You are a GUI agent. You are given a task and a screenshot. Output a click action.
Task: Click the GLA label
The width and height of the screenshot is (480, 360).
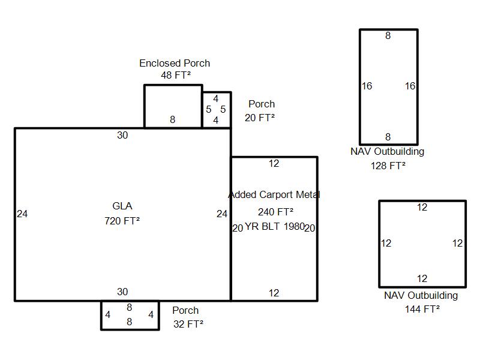coord(122,206)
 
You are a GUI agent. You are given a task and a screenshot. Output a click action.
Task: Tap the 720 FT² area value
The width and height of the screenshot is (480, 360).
coord(122,221)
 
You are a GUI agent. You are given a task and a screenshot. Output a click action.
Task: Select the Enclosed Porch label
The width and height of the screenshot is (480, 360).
coord(175,63)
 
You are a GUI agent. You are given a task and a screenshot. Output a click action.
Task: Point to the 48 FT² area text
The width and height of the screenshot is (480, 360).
coord(176,76)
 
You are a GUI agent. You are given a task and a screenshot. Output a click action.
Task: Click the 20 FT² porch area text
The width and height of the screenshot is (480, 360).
coord(260,118)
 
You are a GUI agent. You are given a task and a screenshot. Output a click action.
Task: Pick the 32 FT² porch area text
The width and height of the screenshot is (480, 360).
coord(188,324)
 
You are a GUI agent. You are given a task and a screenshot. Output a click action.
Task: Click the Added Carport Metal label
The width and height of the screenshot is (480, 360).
coord(274,195)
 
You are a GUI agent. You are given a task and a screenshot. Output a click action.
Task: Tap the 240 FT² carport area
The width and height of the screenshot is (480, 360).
coord(275,212)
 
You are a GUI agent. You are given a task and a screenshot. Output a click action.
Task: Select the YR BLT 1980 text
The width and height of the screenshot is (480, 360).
coord(275,227)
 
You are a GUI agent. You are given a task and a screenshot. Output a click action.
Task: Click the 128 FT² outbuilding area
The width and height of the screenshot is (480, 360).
coord(388,166)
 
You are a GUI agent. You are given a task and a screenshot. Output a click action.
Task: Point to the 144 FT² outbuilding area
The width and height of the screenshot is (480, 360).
coord(422,309)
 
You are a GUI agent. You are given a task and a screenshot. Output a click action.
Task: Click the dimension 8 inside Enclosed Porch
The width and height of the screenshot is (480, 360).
coord(173,120)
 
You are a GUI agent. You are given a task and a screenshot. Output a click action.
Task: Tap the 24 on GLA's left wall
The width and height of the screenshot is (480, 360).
coord(22,214)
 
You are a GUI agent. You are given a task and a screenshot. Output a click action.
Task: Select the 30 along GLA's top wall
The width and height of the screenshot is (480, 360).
coord(122,136)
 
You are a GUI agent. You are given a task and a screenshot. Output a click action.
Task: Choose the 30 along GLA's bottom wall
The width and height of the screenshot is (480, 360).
coord(122,292)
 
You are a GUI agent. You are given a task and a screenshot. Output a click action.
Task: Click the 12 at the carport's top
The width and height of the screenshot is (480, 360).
coord(274,164)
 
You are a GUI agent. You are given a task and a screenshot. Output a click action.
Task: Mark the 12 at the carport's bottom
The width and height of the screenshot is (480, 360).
coord(274,293)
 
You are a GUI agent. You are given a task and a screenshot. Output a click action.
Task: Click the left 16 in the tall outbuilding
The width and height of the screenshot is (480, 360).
coord(367,86)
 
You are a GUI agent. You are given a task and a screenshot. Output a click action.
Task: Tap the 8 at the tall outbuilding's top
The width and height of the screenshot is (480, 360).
coord(388,36)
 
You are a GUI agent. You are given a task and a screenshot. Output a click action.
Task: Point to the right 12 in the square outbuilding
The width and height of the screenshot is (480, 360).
coord(458,244)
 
